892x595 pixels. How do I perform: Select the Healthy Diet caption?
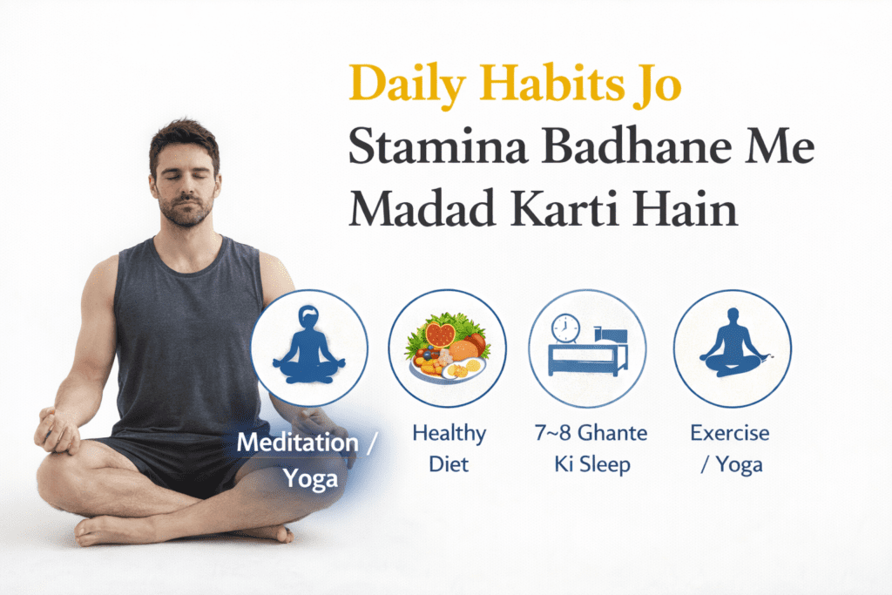(x=448, y=448)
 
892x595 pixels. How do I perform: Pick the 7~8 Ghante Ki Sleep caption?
(x=588, y=448)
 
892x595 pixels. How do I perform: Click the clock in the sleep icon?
(x=565, y=328)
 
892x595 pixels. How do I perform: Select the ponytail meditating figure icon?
(x=308, y=347)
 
